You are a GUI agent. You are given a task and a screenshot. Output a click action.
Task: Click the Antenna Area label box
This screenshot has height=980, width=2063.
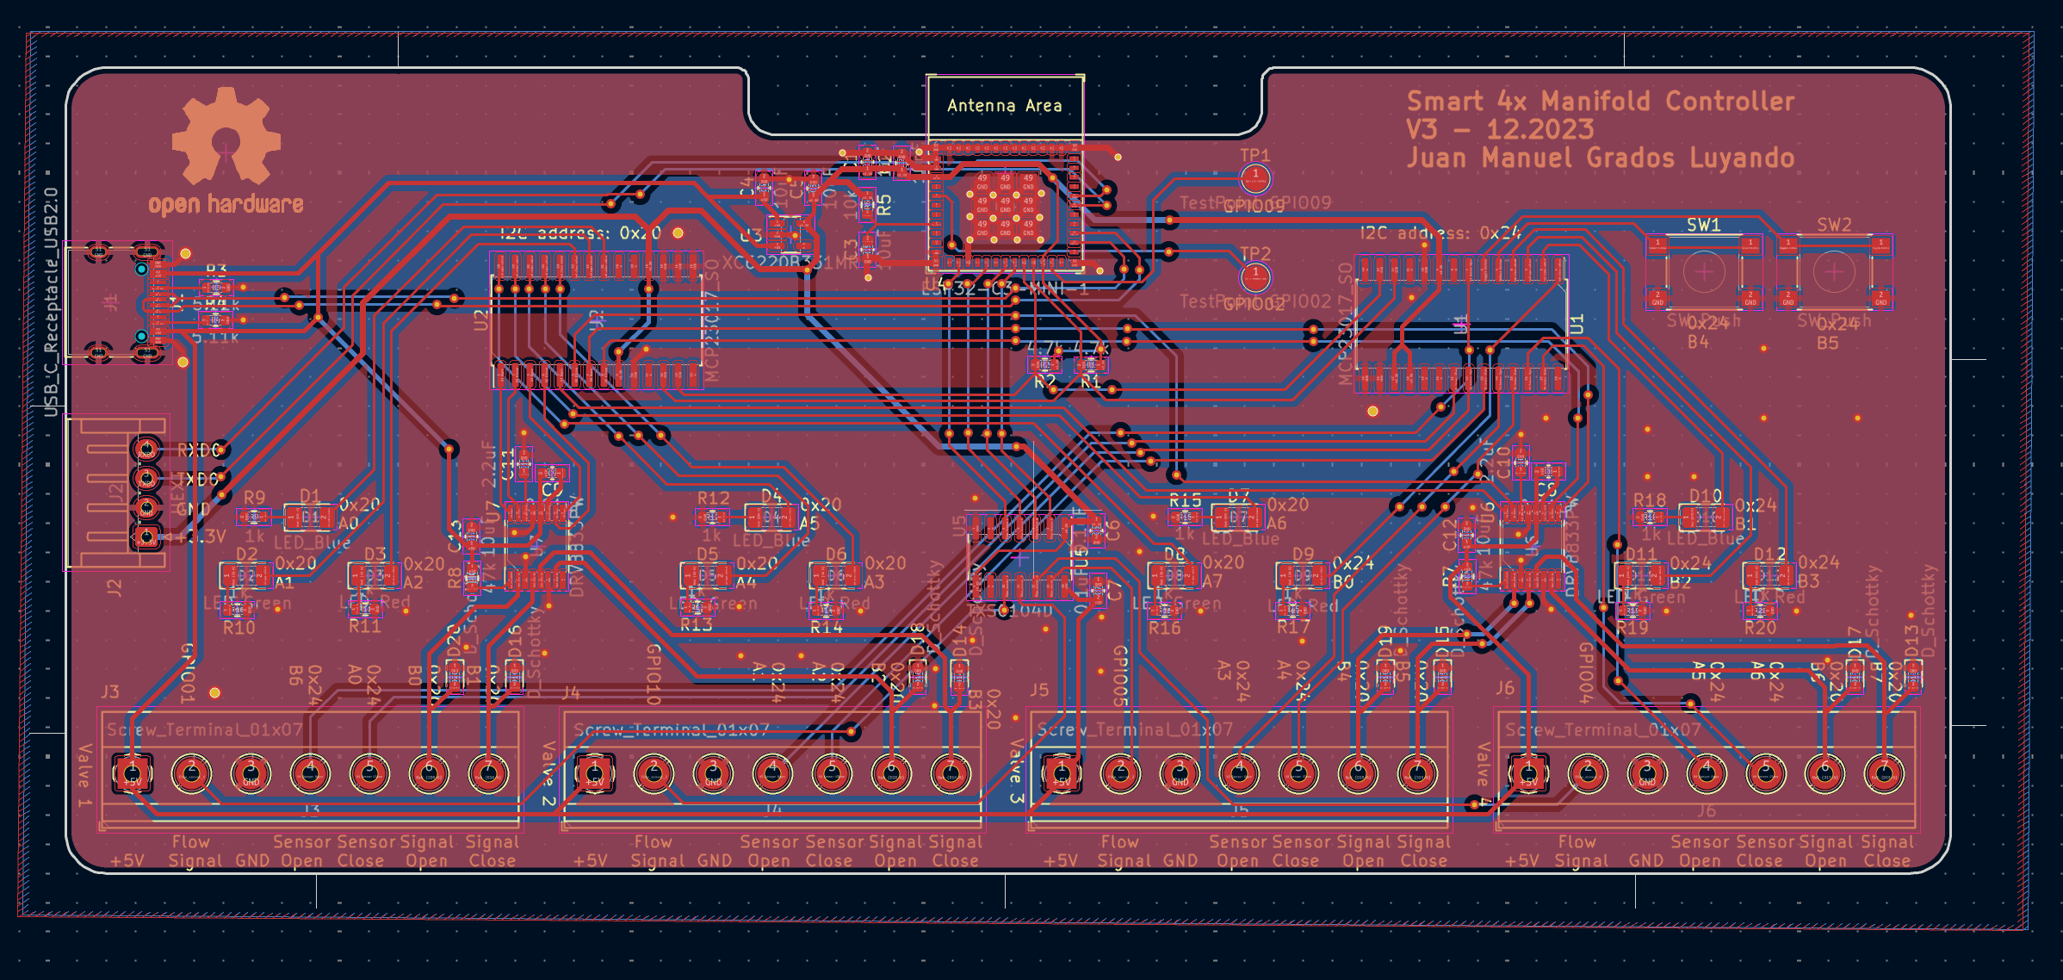point(1004,106)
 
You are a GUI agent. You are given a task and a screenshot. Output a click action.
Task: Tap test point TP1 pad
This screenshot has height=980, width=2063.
point(1255,177)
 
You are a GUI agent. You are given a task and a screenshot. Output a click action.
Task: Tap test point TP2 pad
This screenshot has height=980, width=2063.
point(1255,276)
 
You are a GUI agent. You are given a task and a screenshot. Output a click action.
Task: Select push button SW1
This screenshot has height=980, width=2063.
point(1703,273)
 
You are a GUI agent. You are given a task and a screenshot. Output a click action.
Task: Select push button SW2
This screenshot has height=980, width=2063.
point(1834,273)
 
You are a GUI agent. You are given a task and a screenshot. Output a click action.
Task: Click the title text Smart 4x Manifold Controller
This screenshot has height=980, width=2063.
point(1600,101)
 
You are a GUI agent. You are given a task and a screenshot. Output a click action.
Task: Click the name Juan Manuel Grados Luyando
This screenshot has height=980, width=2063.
point(1600,158)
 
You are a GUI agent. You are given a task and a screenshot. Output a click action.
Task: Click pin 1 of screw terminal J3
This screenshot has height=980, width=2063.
point(133,772)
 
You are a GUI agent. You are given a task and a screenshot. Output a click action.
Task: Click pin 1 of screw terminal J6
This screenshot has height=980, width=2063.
point(1528,772)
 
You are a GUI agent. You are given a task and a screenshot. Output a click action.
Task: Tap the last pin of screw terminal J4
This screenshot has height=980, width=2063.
point(951,772)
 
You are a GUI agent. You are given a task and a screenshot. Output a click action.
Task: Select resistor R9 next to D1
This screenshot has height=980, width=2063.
point(254,518)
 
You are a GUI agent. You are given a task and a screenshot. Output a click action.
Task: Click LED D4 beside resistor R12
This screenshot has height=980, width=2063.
point(771,518)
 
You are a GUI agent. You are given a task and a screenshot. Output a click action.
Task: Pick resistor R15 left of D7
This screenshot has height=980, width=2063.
point(1185,517)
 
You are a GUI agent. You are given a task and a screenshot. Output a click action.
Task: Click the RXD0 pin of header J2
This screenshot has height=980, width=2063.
point(146,449)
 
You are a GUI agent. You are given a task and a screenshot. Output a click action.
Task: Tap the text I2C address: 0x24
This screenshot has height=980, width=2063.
point(1440,233)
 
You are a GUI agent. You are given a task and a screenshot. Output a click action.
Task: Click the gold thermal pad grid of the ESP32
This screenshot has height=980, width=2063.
point(1004,207)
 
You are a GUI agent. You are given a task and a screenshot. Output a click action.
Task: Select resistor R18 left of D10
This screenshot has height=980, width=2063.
point(1649,517)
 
